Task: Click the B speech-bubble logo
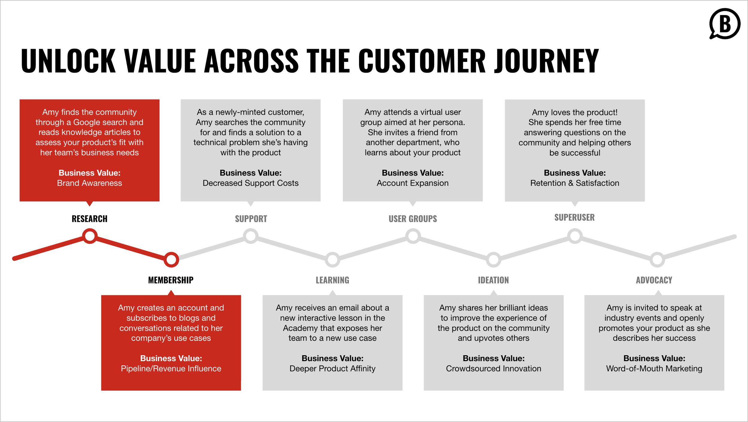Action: [724, 24]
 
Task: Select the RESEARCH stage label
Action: [89, 219]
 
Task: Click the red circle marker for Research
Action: [90, 236]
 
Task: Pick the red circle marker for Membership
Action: [171, 259]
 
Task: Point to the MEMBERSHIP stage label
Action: [171, 280]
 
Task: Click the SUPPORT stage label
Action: [251, 219]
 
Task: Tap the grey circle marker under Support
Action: [251, 236]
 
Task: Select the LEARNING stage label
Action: [332, 280]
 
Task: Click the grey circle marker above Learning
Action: [332, 259]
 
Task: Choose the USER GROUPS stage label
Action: [413, 219]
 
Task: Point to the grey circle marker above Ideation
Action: [493, 259]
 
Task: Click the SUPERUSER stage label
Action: [574, 217]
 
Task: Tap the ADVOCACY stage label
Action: [654, 280]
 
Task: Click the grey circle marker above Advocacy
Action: [657, 259]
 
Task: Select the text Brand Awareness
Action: [89, 183]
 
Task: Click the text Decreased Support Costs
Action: [250, 183]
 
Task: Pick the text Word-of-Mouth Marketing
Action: [654, 368]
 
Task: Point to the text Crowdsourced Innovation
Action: [493, 368]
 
